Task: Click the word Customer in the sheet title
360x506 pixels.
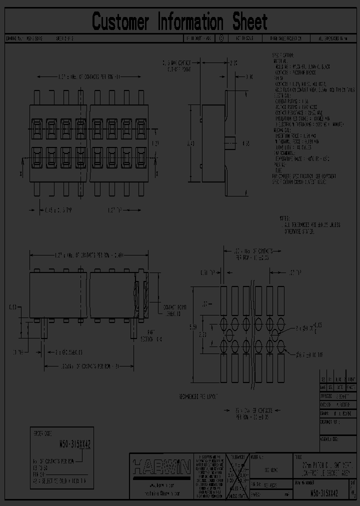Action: coord(120,22)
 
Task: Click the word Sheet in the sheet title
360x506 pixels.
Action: coord(249,22)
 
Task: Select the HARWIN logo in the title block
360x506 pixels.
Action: coord(161,467)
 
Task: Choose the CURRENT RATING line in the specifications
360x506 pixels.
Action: coord(294,101)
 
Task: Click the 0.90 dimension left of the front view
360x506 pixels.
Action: coord(13,306)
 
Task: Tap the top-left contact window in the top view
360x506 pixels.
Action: coord(36,128)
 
